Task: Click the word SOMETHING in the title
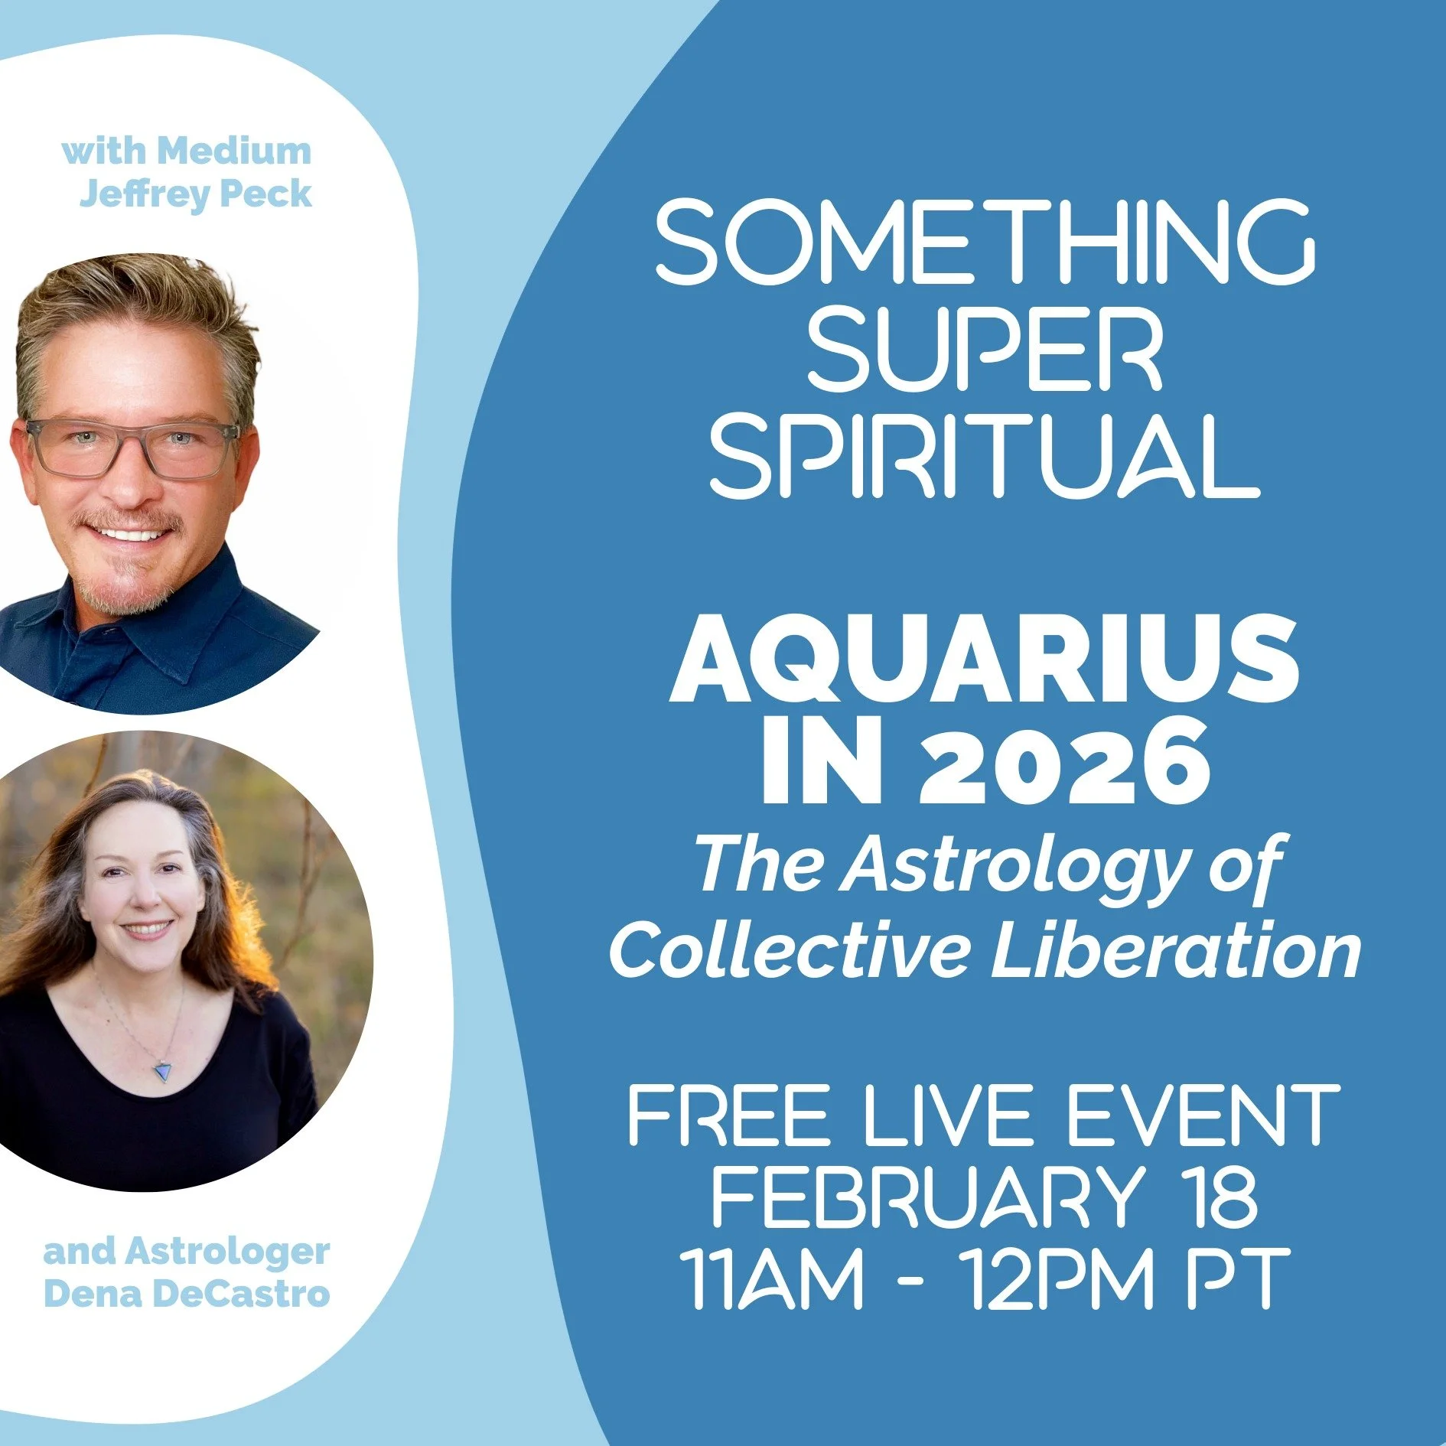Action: coord(985,240)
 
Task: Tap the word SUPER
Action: coord(985,349)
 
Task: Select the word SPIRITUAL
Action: coord(985,457)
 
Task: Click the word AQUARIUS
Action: coord(985,659)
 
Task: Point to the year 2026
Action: coord(1066,765)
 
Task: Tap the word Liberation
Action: coord(1176,949)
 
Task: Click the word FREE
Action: coord(728,1115)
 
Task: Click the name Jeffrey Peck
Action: coord(196,194)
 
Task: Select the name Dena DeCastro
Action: coord(187,1294)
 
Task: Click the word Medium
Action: coord(234,151)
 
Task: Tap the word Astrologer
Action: coord(227,1252)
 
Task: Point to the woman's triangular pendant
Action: coord(162,1070)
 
